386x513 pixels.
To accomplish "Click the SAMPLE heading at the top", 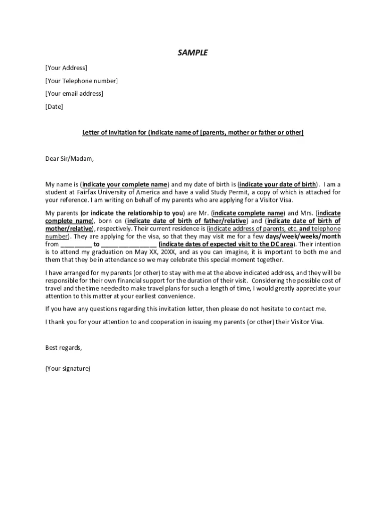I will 192,53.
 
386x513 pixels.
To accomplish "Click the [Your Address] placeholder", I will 66,68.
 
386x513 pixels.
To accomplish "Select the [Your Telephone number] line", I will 82,81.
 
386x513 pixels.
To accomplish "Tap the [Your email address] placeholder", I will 74,94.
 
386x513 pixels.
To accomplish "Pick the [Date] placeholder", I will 54,107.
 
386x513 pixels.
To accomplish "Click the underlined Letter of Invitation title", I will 193,132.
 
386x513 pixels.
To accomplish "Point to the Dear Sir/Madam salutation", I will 70,159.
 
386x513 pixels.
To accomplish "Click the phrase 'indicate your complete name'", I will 124,184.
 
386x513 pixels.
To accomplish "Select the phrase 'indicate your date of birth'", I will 277,184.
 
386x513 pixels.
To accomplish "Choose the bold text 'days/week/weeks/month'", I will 303,236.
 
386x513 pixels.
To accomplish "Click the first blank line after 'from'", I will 76,244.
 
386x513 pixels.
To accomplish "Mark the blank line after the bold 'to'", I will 129,244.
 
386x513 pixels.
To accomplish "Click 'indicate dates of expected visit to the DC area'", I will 226,244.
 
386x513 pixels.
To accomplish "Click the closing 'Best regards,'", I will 64,348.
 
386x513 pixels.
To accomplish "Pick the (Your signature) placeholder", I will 68,369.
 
